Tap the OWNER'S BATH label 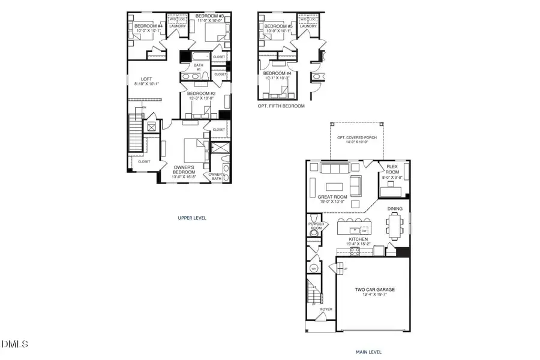(215, 176)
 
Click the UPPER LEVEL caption (192, 218)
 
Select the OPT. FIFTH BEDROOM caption (281, 106)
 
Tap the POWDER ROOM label (316, 226)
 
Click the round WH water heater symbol (314, 268)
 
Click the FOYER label (326, 310)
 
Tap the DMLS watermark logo (15, 344)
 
